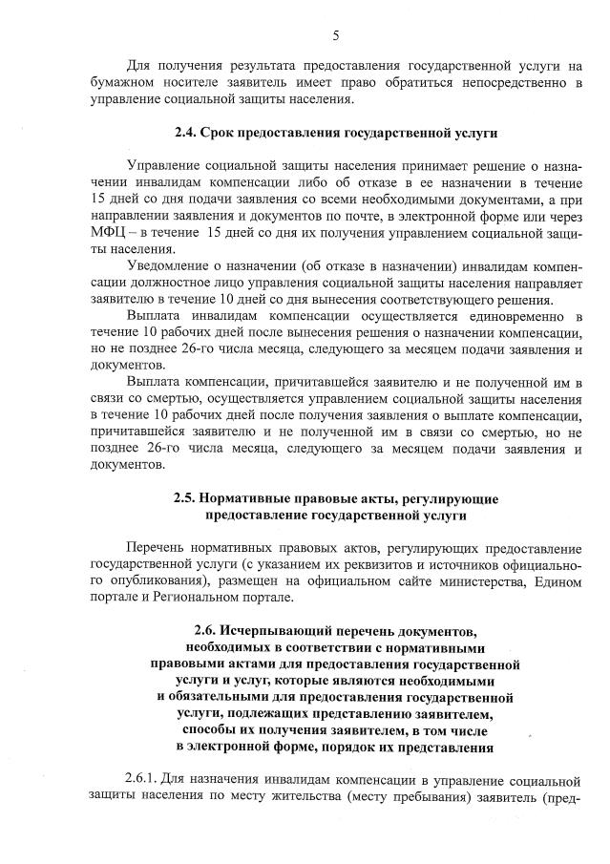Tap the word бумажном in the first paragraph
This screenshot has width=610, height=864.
[x=123, y=83]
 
